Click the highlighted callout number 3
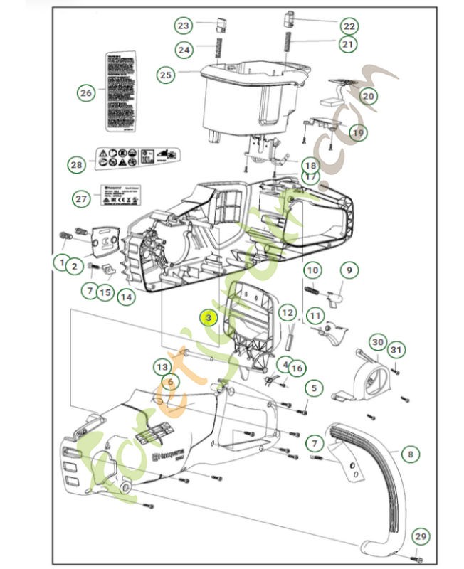coord(208,318)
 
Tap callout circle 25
coord(166,74)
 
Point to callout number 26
coord(86,92)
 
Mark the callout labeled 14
coord(126,297)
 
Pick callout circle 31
coord(396,349)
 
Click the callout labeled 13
coord(163,366)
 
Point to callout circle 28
coord(77,164)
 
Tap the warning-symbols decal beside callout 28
coord(137,158)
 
